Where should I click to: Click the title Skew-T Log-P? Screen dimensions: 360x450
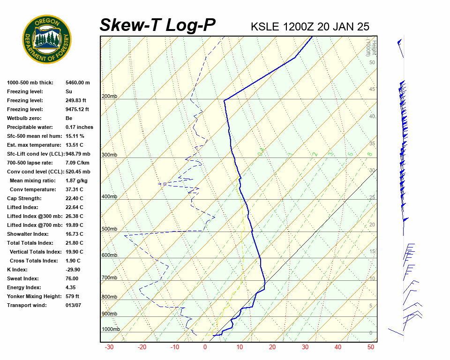tap(158, 25)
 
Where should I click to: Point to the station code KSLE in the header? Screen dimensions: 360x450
tap(266, 26)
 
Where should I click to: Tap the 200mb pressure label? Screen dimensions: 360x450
tap(109, 97)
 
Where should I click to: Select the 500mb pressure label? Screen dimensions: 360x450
tap(109, 229)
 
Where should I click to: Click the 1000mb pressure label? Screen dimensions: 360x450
tap(111, 329)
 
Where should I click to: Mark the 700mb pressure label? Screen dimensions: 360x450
tap(109, 278)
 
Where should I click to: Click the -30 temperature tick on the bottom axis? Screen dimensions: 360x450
tap(109, 347)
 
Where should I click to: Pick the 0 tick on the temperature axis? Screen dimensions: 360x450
tap(205, 347)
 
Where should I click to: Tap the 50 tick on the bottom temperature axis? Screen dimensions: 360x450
tap(371, 347)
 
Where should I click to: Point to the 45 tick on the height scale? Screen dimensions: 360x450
tap(372, 90)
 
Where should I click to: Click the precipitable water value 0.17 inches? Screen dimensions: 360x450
tap(79, 127)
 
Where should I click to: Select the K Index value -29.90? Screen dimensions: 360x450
tap(73, 270)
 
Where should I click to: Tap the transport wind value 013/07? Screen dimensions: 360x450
tap(74, 305)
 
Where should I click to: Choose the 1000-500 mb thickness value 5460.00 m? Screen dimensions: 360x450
tap(77, 82)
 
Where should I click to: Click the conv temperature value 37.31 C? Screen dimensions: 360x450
tap(74, 189)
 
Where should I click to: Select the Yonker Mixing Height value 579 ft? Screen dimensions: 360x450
tap(72, 296)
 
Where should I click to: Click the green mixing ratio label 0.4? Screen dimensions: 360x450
tap(261, 151)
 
